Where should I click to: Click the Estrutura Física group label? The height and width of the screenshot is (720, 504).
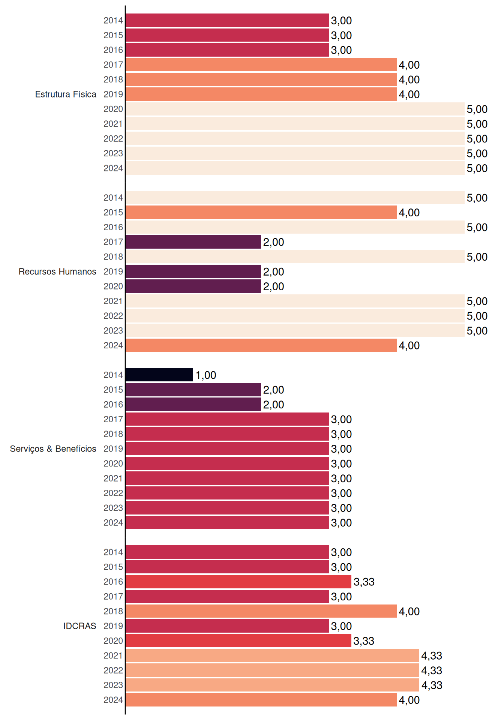click(x=66, y=94)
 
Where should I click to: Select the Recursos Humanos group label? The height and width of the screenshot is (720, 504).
click(x=57, y=271)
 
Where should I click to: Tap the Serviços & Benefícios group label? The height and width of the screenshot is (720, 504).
click(x=53, y=449)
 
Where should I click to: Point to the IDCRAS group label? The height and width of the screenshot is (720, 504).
click(x=79, y=626)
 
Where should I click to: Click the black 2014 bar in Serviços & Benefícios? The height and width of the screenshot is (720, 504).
click(x=159, y=375)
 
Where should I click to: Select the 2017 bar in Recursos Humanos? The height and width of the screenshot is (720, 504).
click(x=193, y=242)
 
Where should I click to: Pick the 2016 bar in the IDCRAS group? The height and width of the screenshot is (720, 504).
click(x=238, y=582)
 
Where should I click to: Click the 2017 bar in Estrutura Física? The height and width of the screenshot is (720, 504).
click(x=261, y=64)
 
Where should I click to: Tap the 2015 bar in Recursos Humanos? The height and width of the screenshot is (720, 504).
click(x=261, y=212)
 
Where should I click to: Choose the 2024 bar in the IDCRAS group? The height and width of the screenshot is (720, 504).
click(x=261, y=700)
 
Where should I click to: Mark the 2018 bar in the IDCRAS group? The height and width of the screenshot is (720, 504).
click(x=261, y=611)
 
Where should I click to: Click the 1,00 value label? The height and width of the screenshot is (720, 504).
click(x=206, y=375)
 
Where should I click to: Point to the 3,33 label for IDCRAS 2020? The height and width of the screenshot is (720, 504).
click(x=364, y=641)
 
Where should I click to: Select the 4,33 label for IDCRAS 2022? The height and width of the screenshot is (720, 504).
click(x=432, y=670)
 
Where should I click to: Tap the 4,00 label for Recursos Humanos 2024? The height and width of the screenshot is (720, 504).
click(x=409, y=346)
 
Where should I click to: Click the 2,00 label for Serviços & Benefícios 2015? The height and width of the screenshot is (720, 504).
click(x=273, y=390)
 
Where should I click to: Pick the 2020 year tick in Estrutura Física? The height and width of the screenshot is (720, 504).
click(x=113, y=109)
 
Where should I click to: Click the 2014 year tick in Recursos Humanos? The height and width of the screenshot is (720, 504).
click(x=113, y=198)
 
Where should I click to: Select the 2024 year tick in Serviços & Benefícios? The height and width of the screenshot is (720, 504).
click(x=113, y=523)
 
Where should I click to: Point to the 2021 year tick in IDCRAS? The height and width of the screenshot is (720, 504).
click(x=113, y=655)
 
